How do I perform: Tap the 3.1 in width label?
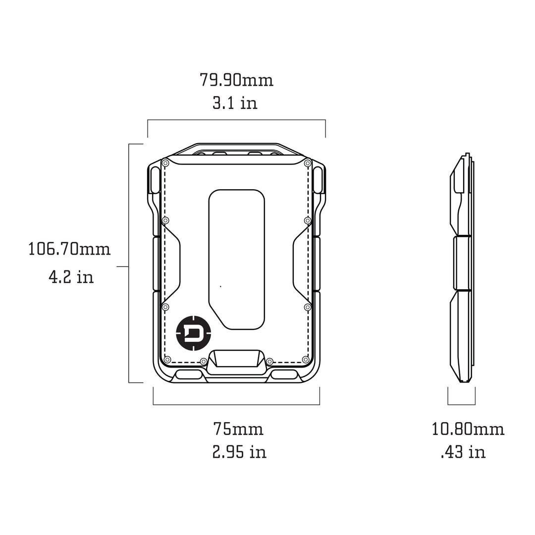[235, 103]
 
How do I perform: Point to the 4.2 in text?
[71, 276]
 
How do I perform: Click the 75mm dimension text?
[238, 428]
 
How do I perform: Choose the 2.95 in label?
[239, 452]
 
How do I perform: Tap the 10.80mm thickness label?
[468, 428]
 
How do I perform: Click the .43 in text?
[463, 452]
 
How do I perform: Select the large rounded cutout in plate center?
[237, 258]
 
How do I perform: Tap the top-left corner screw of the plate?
[165, 162]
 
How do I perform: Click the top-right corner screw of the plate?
[308, 162]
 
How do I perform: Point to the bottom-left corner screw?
[167, 359]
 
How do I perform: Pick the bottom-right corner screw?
[306, 359]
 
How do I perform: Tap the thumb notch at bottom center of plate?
[236, 360]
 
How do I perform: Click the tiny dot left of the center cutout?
[220, 286]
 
